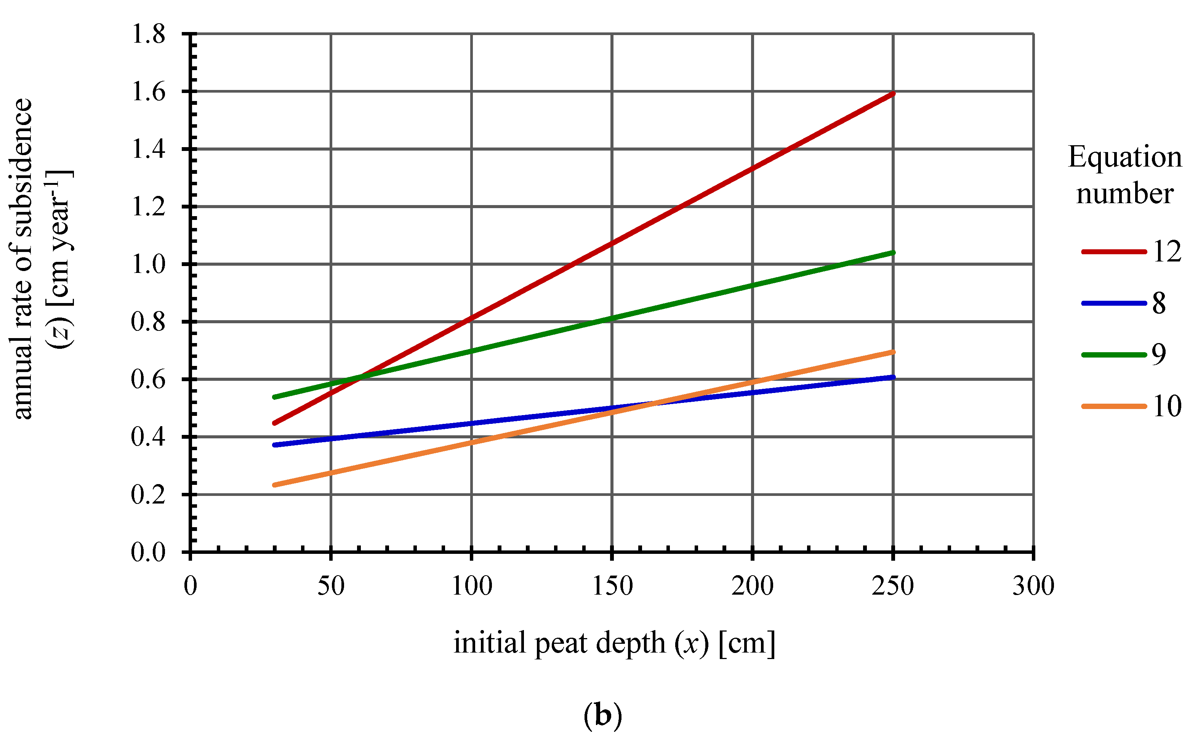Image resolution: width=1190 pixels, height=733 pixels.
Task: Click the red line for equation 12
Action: pyautogui.click(x=612, y=243)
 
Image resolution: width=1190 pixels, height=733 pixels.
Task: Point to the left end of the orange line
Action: pyautogui.click(x=275, y=485)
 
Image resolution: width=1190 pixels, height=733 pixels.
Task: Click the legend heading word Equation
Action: pyautogui.click(x=1124, y=157)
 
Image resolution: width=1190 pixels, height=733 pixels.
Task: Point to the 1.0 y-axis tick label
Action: pyautogui.click(x=148, y=265)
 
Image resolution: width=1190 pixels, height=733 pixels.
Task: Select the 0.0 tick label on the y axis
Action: pyautogui.click(x=148, y=552)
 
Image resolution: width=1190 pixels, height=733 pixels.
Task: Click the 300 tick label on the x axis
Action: pyautogui.click(x=1033, y=585)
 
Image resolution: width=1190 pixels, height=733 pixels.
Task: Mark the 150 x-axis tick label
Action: pyautogui.click(x=612, y=585)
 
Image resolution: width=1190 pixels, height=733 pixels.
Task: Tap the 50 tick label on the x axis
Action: pyautogui.click(x=331, y=585)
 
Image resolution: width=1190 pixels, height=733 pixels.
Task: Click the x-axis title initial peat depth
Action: pyautogui.click(x=614, y=643)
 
